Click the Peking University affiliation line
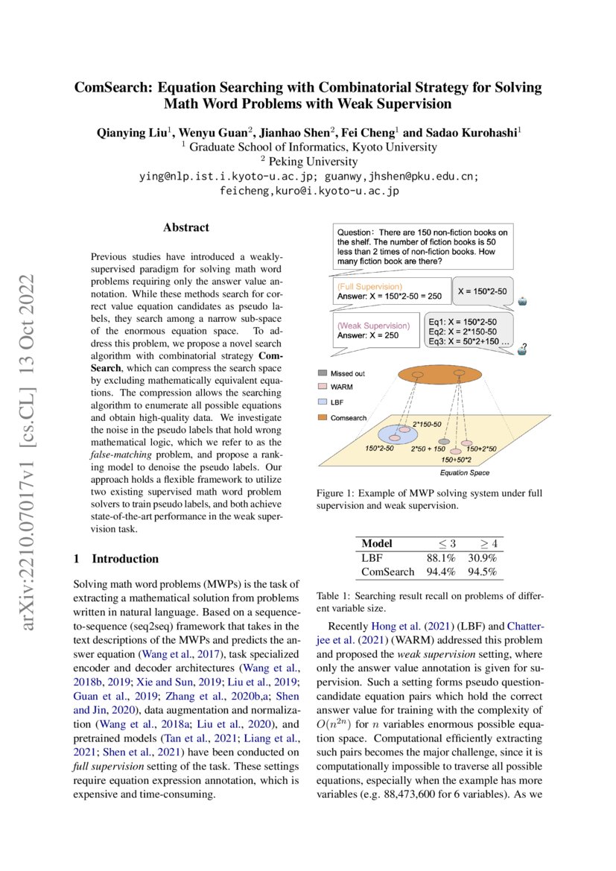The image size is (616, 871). pos(308,162)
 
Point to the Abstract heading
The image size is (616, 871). pos(186,227)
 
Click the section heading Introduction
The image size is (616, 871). pos(125,559)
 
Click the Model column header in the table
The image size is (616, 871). pos(377,543)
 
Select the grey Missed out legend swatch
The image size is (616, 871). pos(322,373)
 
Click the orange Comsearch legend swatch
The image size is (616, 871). pos(322,418)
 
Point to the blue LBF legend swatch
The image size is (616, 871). pos(322,403)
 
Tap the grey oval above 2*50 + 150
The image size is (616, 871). pos(444,442)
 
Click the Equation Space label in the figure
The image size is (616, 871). pos(464,472)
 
